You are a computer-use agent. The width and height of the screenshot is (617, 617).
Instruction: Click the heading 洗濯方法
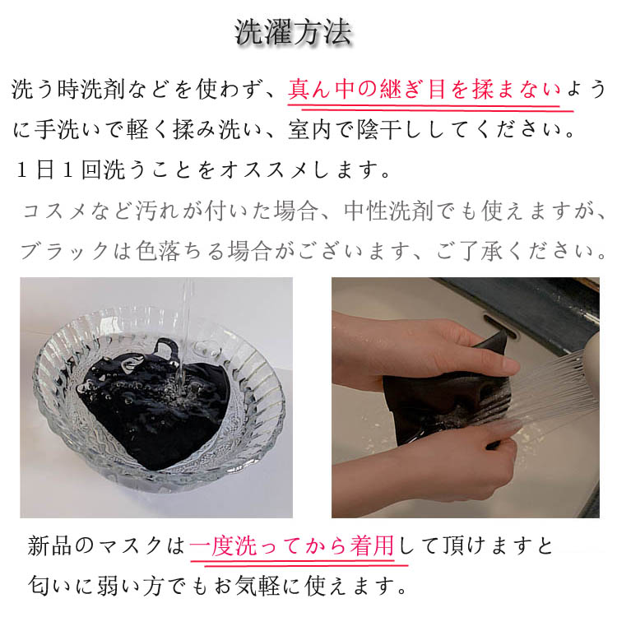(x=293, y=32)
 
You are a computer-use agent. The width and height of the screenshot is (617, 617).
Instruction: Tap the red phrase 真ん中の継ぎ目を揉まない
(x=424, y=90)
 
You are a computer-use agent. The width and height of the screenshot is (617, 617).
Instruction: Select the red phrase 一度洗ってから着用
(x=291, y=545)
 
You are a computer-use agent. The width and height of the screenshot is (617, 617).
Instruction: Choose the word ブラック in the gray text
(x=64, y=251)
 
